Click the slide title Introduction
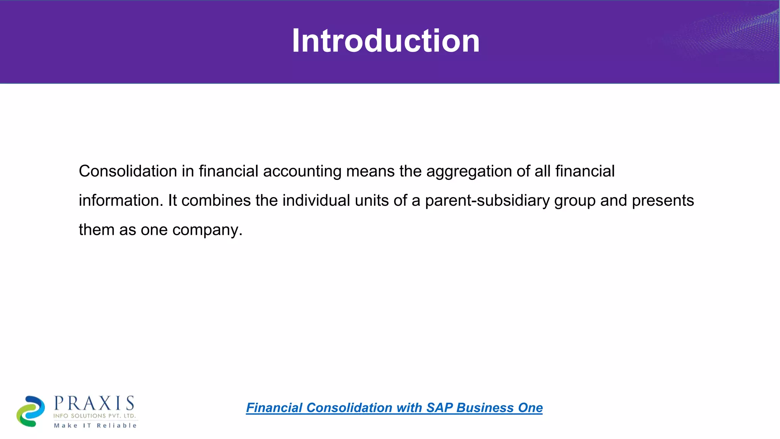click(385, 41)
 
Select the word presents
click(663, 201)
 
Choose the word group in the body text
click(575, 201)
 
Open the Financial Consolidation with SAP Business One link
click(394, 408)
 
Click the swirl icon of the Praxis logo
click(30, 411)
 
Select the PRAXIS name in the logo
click(94, 403)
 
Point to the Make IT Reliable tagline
click(95, 425)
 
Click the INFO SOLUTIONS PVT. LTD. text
click(94, 416)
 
